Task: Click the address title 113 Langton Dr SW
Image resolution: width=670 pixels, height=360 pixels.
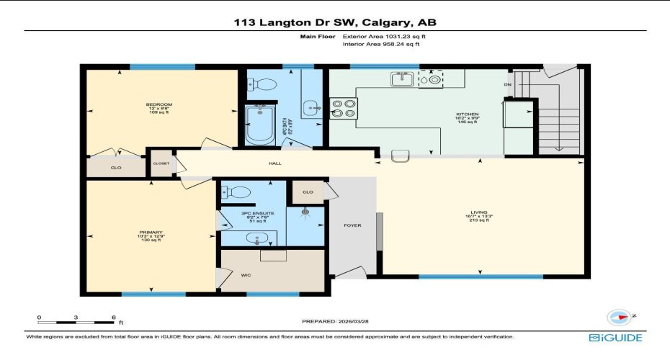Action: coord(335,22)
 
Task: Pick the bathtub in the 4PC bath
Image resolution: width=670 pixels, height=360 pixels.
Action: coord(257,124)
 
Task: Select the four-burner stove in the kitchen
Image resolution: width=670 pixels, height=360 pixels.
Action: coord(344,107)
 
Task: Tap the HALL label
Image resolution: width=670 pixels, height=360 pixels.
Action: coord(274,163)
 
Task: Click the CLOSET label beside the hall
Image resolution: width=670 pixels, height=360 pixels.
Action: coord(161,163)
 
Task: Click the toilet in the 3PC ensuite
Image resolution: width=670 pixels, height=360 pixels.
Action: coord(236,192)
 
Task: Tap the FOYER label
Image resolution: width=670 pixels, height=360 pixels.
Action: coord(352,225)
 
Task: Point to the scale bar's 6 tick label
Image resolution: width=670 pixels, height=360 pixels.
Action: coord(113,318)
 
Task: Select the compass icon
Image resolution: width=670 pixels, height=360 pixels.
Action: coord(619,318)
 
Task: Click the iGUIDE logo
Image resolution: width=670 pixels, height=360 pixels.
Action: coord(615,337)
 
